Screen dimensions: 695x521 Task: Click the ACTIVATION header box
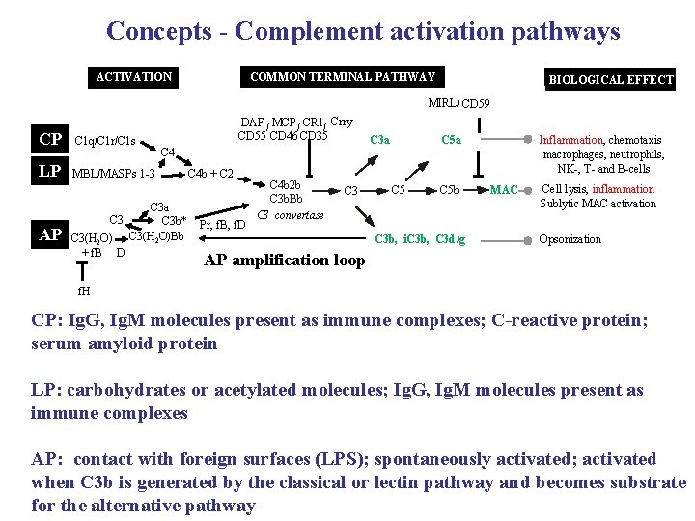(134, 76)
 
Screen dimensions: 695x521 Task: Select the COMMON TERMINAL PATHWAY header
(342, 76)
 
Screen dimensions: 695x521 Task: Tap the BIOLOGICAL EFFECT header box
(610, 79)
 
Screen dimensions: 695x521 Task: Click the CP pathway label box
(50, 140)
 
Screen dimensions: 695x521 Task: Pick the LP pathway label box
(50, 172)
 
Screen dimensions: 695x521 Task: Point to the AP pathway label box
(50, 235)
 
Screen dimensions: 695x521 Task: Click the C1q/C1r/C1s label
(104, 141)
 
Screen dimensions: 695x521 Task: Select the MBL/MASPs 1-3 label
(114, 174)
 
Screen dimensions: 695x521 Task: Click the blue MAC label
(504, 189)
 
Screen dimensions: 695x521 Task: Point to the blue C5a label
(451, 140)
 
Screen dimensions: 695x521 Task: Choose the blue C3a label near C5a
(380, 140)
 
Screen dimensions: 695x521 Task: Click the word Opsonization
(570, 239)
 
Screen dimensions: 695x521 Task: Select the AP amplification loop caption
(285, 260)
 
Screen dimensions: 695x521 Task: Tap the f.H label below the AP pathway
(86, 288)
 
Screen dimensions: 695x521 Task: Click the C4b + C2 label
(209, 174)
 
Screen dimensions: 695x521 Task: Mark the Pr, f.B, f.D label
(221, 225)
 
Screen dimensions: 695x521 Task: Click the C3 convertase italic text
(290, 213)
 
